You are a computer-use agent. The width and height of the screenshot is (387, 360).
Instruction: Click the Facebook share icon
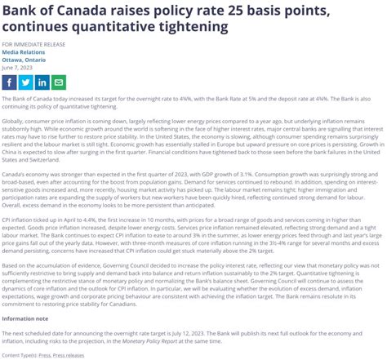9,82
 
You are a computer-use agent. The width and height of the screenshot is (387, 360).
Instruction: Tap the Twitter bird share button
25,82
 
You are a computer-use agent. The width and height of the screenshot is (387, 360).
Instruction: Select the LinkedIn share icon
42,82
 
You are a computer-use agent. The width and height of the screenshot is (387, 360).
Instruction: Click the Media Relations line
22,51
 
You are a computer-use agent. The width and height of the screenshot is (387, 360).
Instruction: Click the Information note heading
24,318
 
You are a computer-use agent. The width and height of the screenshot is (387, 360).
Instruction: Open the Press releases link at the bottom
69,355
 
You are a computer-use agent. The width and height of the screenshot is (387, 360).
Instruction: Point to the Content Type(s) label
20,355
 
